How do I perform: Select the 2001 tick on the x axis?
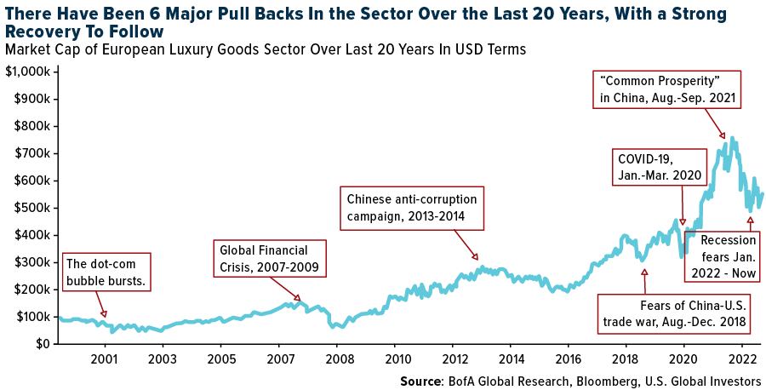click(105, 358)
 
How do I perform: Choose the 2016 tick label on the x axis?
click(569, 358)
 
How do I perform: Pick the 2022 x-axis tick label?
click(742, 358)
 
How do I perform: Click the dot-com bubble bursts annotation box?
click(105, 272)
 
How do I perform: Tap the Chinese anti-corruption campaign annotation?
click(412, 207)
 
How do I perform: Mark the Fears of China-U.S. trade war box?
click(674, 313)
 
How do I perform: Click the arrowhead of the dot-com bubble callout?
click(104, 313)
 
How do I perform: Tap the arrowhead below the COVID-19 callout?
click(683, 222)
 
